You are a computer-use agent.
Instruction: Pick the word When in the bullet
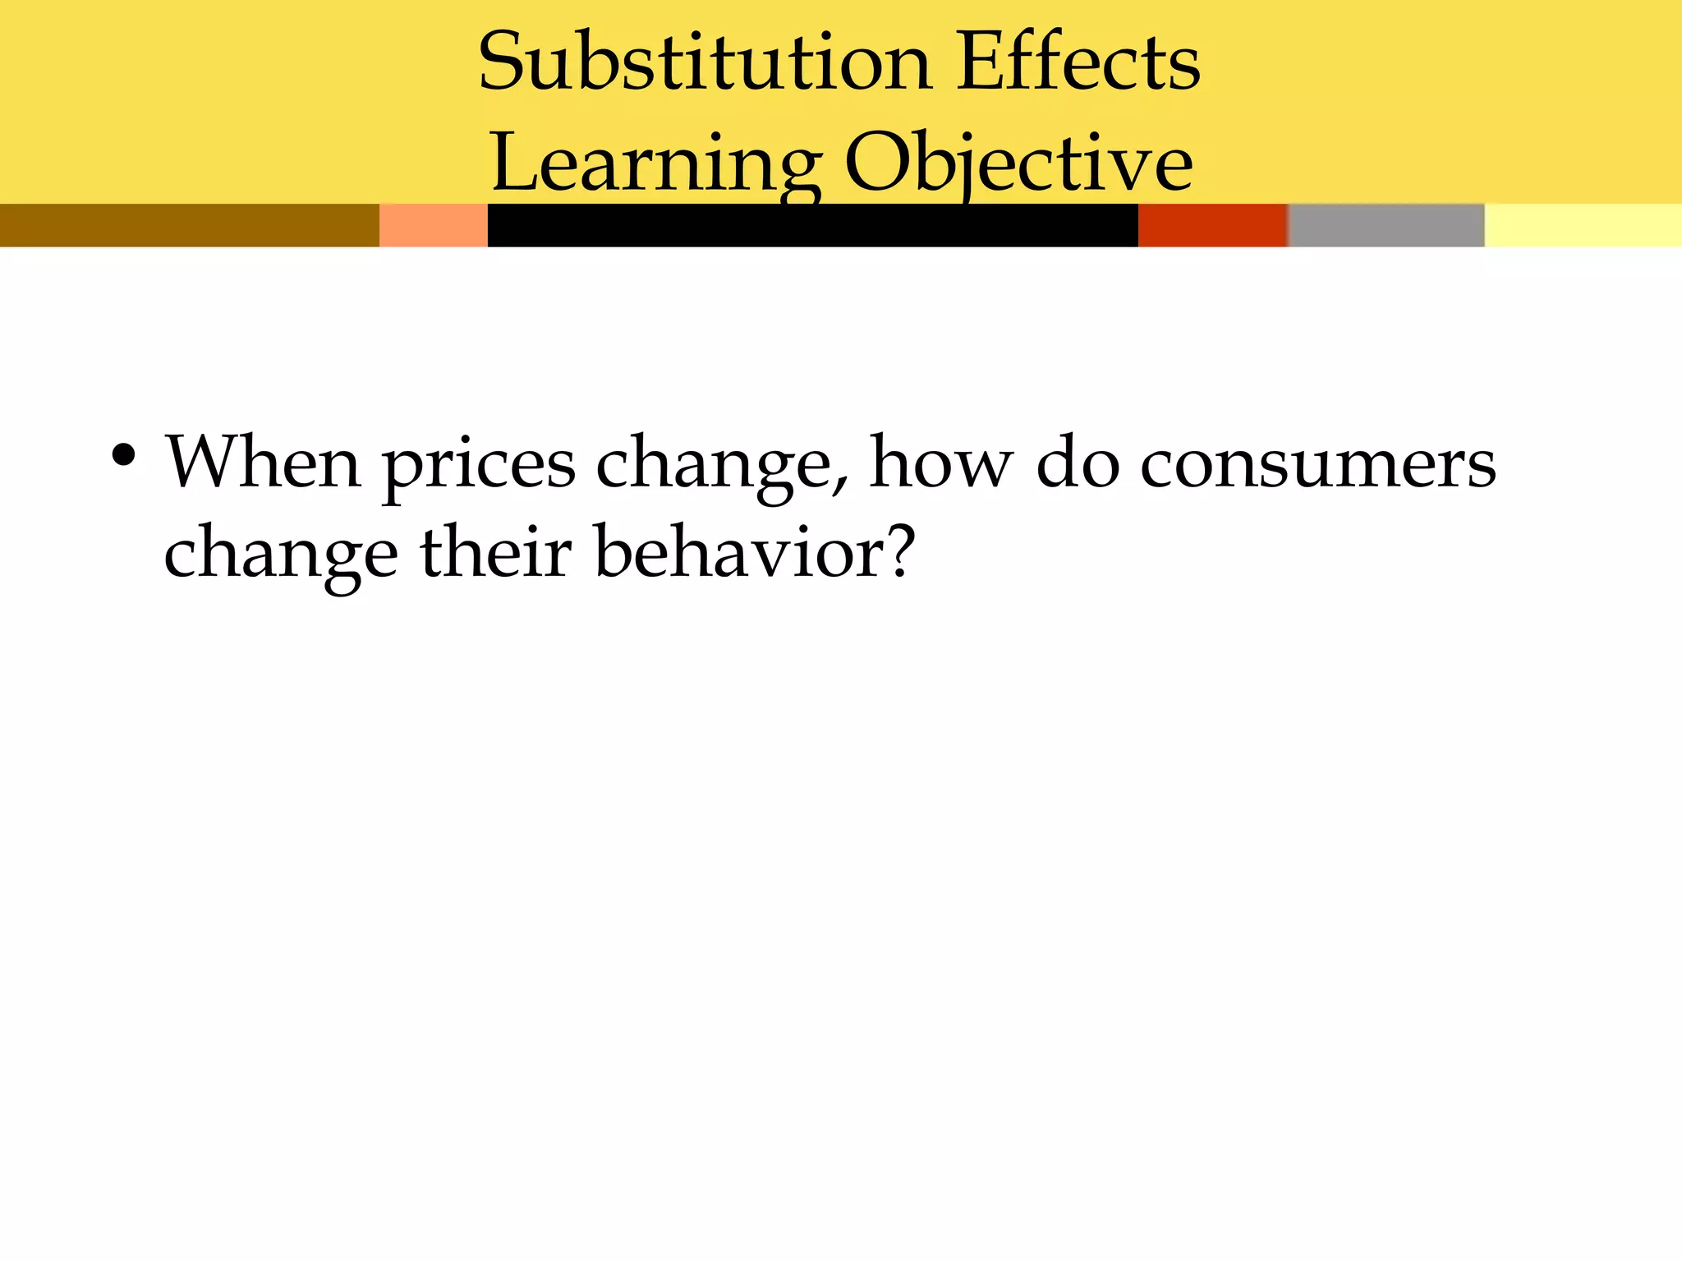(264, 463)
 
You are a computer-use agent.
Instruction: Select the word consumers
(1318, 465)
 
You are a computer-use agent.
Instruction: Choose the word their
(496, 552)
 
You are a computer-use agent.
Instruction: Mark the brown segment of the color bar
(189, 225)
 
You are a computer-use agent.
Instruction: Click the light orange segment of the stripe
(433, 225)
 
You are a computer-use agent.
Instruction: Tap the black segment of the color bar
(812, 225)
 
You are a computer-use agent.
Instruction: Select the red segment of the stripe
(1212, 225)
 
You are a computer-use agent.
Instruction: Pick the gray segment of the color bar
(1386, 225)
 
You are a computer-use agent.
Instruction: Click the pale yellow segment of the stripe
(1583, 225)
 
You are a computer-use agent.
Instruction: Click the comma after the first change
(839, 485)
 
